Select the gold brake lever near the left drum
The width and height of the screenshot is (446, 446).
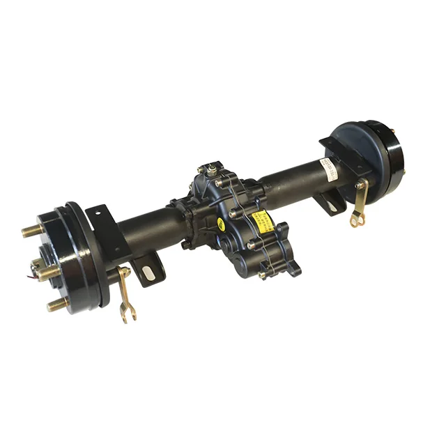pos(125,293)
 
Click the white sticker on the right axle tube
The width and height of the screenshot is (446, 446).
pos(329,167)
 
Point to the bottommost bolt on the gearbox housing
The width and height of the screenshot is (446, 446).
pos(263,275)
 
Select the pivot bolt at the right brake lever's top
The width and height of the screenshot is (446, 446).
pos(362,184)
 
